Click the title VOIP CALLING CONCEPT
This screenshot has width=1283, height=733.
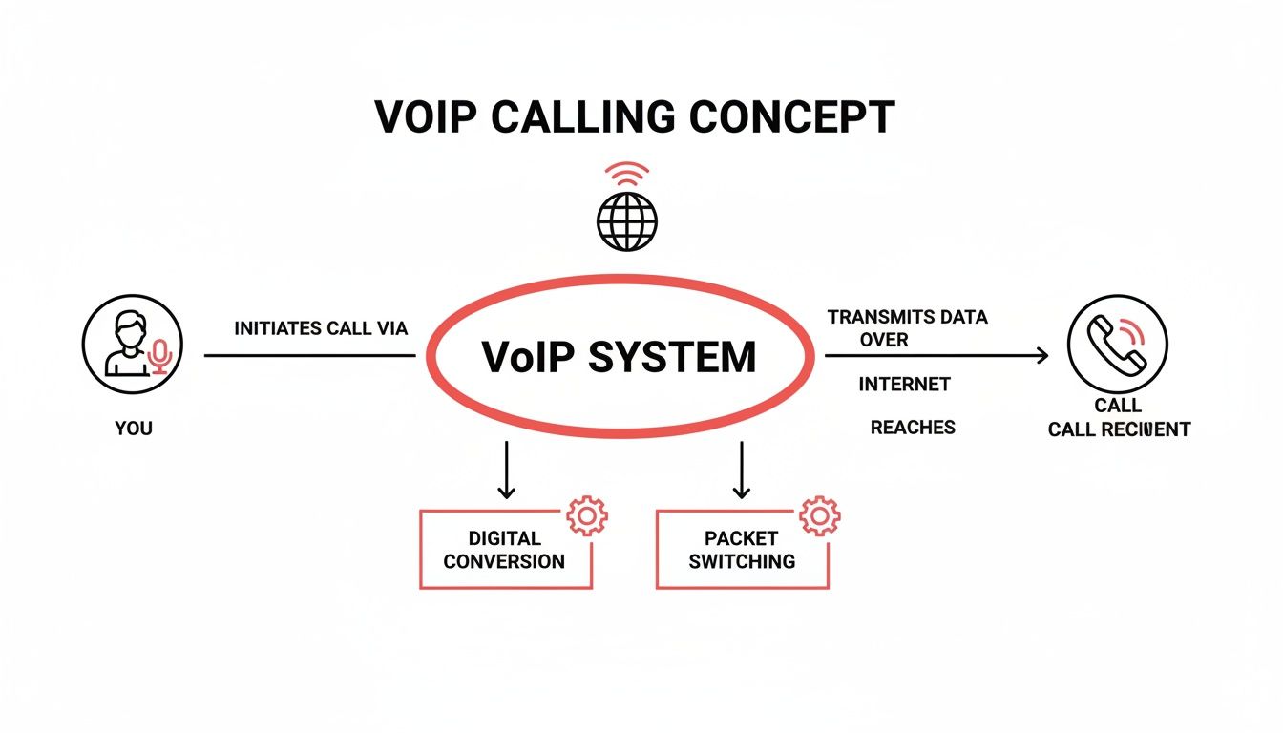click(x=635, y=117)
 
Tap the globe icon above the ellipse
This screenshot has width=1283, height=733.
click(x=627, y=221)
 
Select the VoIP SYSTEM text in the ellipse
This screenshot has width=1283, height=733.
click(x=619, y=357)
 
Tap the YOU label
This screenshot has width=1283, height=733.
click(x=134, y=429)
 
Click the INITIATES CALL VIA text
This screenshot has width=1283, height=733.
click(x=321, y=328)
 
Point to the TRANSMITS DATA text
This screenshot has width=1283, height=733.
click(x=907, y=317)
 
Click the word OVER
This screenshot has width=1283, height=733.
click(x=883, y=340)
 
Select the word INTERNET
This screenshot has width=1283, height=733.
click(x=904, y=385)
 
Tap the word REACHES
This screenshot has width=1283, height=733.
click(x=913, y=429)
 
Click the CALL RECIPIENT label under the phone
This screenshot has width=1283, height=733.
click(x=1119, y=429)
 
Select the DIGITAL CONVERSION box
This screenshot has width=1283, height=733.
click(x=505, y=550)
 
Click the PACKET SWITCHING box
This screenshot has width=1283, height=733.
click(x=742, y=550)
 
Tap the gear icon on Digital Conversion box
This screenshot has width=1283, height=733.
click(x=586, y=516)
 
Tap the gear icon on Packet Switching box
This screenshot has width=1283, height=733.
click(x=819, y=516)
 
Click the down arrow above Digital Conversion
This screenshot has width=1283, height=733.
click(x=506, y=470)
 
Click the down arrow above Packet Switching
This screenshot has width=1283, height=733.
click(x=741, y=470)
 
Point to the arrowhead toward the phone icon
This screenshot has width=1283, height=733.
click(x=1041, y=356)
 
